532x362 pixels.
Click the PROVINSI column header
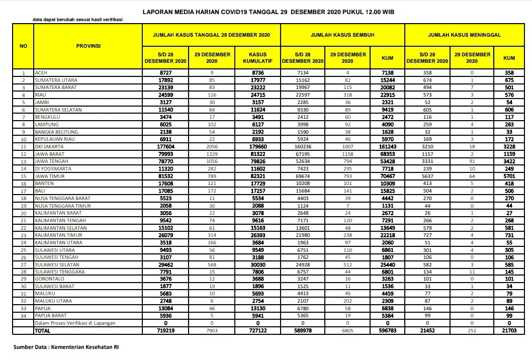pyautogui.click(x=88, y=46)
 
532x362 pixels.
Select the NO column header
pyautogui.click(x=23, y=46)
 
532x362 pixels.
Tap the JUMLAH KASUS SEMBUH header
pyautogui.click(x=342, y=35)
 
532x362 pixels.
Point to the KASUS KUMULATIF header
pyautogui.click(x=257, y=57)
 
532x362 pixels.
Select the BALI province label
pyautogui.click(x=40, y=192)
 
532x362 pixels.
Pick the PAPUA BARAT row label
pyautogui.click(x=49, y=316)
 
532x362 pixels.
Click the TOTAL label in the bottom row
pyautogui.click(x=42, y=331)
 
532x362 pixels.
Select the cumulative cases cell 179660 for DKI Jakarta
pyautogui.click(x=257, y=145)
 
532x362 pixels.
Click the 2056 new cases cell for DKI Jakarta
pyautogui.click(x=211, y=145)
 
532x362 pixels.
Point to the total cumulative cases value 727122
pyautogui.click(x=257, y=331)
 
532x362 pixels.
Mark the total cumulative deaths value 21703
pyautogui.click(x=509, y=331)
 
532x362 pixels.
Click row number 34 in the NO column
pyautogui.click(x=23, y=316)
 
